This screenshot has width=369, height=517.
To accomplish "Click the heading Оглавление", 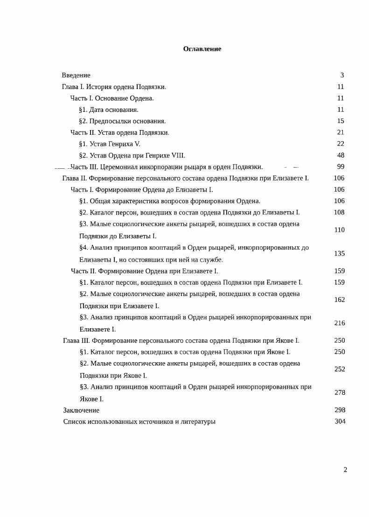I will [x=202, y=49].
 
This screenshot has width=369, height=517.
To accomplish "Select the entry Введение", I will [x=76, y=75].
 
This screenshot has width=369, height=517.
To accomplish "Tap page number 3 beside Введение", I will [x=342, y=75].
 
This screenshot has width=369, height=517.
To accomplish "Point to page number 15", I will [x=341, y=121].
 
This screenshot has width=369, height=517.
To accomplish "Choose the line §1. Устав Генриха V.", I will [x=110, y=144].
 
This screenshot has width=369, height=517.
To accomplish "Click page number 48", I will [x=341, y=155].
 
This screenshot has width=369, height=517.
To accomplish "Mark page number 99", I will [x=341, y=167].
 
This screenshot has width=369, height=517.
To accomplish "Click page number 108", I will [x=339, y=213].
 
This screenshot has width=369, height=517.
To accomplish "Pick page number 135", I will [x=339, y=254].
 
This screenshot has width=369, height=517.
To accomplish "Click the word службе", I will [x=213, y=260].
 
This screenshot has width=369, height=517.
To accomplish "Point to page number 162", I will [x=339, y=300].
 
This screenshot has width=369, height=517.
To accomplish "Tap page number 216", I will [x=339, y=323].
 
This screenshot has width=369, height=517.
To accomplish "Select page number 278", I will [x=339, y=393].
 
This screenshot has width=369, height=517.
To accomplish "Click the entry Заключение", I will [x=81, y=410].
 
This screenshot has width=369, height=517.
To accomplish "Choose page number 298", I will [x=340, y=410].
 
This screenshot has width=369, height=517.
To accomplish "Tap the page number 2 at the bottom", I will [x=345, y=470].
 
